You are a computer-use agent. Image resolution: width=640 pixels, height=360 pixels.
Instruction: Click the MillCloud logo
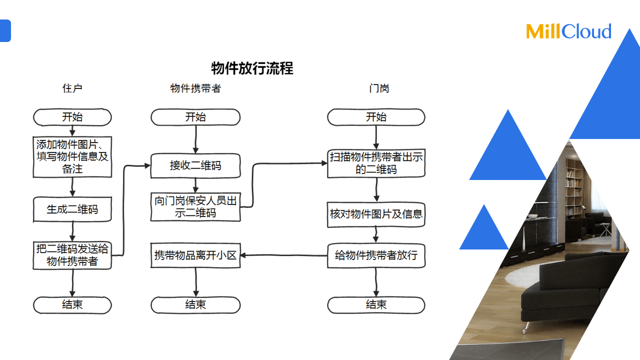click(568, 31)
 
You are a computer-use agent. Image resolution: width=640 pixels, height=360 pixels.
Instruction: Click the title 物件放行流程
click(252, 68)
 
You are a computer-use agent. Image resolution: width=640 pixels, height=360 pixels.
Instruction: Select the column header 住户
click(72, 88)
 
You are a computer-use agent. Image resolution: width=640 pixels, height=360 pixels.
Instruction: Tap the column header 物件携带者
click(195, 88)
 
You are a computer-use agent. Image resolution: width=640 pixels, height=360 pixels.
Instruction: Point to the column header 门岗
click(379, 88)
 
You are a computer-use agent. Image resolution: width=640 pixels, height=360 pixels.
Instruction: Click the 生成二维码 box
click(72, 209)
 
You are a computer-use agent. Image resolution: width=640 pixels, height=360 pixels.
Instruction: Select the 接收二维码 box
click(195, 165)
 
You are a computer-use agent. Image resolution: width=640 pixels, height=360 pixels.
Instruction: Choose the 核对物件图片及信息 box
click(376, 214)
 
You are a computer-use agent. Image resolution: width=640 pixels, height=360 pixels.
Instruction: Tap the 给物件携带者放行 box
click(376, 255)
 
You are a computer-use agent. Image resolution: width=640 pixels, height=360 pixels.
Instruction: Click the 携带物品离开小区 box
click(195, 255)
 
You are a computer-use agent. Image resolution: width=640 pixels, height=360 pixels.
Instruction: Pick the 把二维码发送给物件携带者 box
click(72, 255)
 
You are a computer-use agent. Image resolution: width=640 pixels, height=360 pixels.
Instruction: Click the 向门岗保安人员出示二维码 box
click(195, 207)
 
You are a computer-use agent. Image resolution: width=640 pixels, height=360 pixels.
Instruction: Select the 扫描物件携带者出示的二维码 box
click(376, 163)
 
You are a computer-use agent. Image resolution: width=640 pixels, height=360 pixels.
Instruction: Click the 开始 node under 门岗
click(376, 117)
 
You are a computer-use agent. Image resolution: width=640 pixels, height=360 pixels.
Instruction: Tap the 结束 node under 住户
click(72, 304)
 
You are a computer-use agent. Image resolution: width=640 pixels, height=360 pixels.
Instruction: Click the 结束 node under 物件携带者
click(195, 304)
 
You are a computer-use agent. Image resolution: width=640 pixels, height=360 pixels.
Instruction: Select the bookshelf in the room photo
click(574, 185)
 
